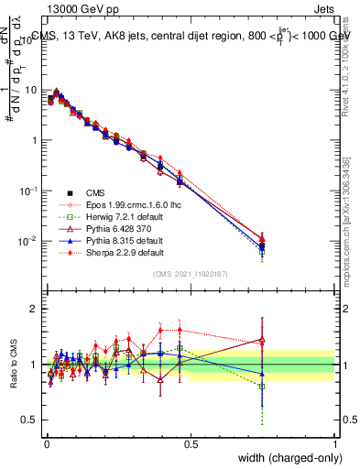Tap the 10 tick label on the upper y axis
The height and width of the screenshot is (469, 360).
click(x=30, y=91)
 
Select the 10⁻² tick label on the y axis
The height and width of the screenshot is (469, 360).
click(x=28, y=242)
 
